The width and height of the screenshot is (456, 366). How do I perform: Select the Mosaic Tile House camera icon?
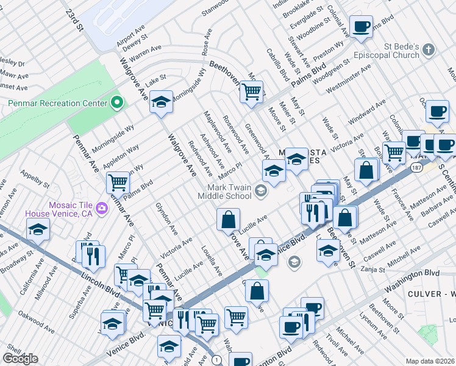(x=101, y=208)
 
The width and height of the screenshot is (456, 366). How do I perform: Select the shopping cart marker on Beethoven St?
(x=251, y=92)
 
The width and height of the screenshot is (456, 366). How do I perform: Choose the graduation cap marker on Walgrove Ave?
(x=161, y=102)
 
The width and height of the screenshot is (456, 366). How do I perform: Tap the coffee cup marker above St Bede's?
(x=362, y=27)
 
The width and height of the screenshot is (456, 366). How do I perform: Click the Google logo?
(x=20, y=359)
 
